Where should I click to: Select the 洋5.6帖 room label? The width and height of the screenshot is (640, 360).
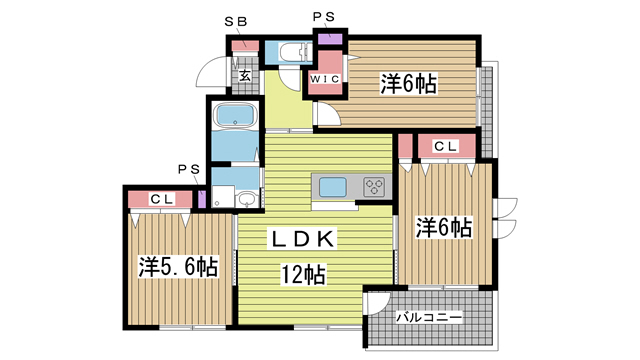(178, 267)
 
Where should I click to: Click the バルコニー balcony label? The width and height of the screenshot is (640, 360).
(429, 317)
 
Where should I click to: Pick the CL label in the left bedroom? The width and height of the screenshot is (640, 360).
(163, 199)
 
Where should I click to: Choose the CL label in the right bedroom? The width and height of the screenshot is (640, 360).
(445, 146)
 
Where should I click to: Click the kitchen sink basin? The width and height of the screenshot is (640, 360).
(333, 186)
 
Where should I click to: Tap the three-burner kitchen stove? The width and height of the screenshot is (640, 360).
(374, 186)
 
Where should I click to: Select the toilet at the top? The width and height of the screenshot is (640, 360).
(293, 52)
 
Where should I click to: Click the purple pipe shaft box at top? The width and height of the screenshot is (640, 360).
(329, 40)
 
